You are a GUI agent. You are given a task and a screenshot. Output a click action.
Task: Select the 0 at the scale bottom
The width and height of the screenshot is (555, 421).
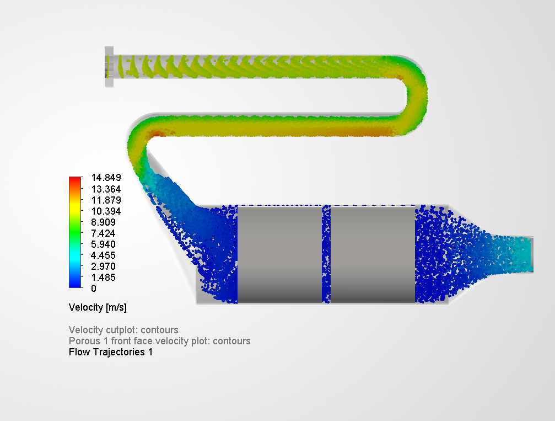93,289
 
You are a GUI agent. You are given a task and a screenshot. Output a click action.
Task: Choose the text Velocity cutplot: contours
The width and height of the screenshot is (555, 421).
123,330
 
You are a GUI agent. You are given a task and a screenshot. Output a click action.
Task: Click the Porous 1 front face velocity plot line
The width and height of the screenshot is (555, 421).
159,341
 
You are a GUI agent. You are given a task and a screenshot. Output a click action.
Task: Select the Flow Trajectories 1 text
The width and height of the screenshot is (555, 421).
110,352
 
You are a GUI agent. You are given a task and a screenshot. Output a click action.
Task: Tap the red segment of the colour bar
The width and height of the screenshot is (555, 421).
75,182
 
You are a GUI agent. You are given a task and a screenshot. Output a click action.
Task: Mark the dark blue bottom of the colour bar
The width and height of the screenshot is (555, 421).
75,283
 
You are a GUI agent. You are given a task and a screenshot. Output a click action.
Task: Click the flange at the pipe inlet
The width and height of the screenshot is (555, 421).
109,67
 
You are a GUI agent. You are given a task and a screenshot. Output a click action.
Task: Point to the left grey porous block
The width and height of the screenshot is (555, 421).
279,254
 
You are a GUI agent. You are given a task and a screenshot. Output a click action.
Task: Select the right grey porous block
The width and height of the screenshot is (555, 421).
372,254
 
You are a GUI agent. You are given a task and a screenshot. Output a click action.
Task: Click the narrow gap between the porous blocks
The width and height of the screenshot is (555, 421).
326,254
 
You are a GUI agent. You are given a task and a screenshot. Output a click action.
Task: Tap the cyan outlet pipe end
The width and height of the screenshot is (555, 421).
526,253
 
